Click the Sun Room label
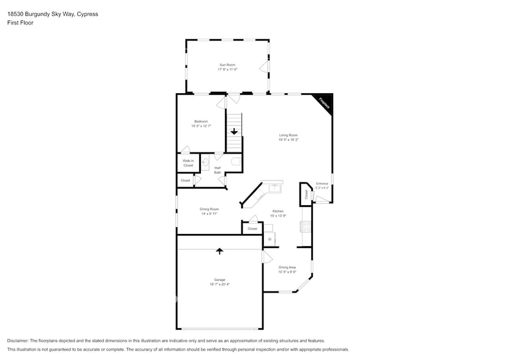click(x=227, y=64)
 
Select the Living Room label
click(x=288, y=135)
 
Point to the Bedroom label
click(x=201, y=121)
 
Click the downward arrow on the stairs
click(x=234, y=132)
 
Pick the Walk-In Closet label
click(x=188, y=163)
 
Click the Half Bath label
click(x=217, y=170)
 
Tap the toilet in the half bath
click(x=236, y=162)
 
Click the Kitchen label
click(x=278, y=211)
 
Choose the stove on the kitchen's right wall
click(x=304, y=227)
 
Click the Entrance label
click(x=322, y=184)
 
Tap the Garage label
click(x=219, y=279)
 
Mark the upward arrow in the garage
click(x=219, y=250)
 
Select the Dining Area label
click(x=287, y=267)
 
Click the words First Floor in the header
click(x=20, y=23)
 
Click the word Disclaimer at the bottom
click(x=18, y=340)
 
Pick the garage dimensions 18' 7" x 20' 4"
click(x=219, y=284)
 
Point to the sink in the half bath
click(x=205, y=163)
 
